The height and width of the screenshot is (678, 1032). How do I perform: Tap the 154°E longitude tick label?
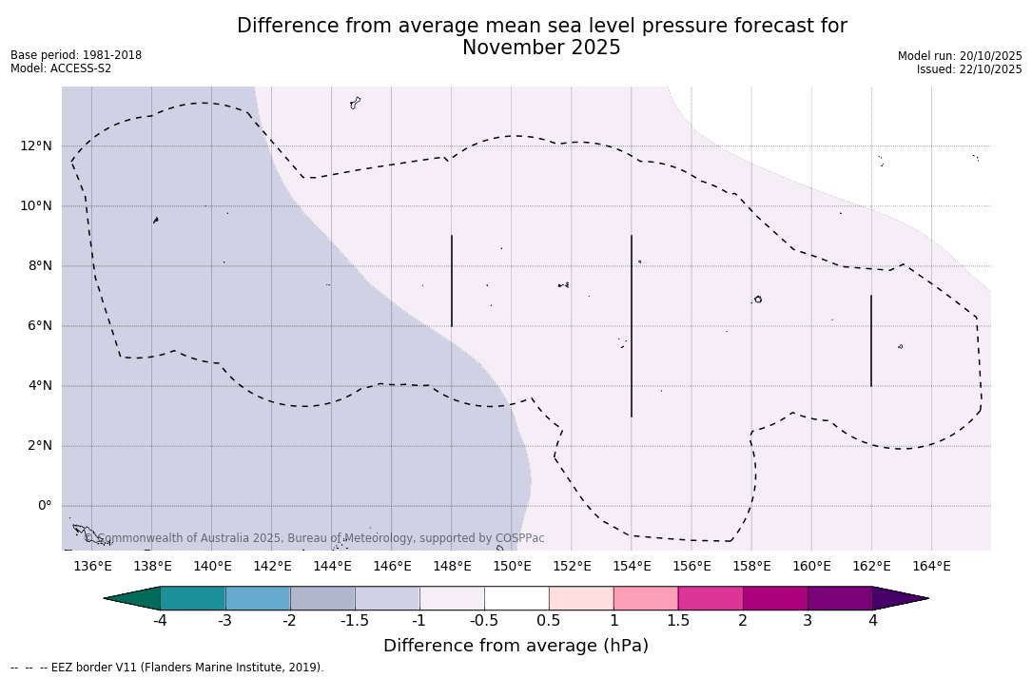pyautogui.click(x=632, y=566)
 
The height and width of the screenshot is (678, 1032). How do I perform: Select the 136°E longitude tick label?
pyautogui.click(x=92, y=566)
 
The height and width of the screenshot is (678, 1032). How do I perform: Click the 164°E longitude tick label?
pyautogui.click(x=931, y=566)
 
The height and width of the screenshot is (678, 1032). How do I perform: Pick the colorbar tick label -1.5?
pyautogui.click(x=355, y=621)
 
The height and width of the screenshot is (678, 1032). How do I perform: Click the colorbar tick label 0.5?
pyautogui.click(x=549, y=621)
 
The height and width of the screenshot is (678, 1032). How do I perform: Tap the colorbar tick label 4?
pyautogui.click(x=872, y=621)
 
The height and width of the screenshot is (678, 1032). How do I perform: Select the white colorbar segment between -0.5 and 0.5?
pyautogui.click(x=516, y=598)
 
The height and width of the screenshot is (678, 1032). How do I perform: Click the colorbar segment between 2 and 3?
pyautogui.click(x=775, y=598)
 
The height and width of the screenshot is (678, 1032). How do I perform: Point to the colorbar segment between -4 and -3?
pyautogui.click(x=193, y=598)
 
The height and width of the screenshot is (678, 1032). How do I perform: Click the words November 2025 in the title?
pyautogui.click(x=541, y=48)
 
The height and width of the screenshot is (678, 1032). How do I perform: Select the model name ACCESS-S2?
pyautogui.click(x=80, y=68)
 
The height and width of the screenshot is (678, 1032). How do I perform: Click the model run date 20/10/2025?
pyautogui.click(x=990, y=56)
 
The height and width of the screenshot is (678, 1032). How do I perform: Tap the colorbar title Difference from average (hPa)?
pyautogui.click(x=516, y=646)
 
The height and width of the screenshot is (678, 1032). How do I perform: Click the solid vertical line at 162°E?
pyautogui.click(x=871, y=340)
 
